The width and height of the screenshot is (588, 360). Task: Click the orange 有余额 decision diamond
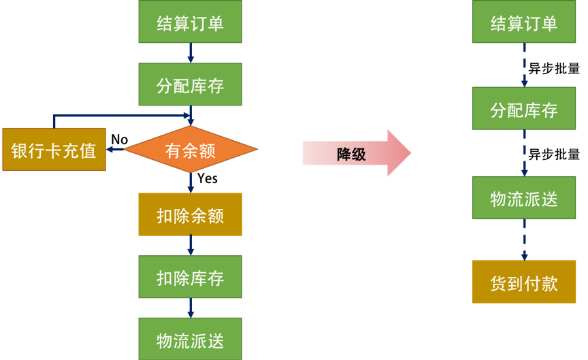191,150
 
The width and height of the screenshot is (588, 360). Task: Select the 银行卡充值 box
54,150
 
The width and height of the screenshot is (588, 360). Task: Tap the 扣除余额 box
190,214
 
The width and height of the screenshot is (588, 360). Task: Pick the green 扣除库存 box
190,277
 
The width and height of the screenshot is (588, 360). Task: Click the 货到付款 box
524,282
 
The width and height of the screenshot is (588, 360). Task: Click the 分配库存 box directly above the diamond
190,84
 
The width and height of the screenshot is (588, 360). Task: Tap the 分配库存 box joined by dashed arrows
524,109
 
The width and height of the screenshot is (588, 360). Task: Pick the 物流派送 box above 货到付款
524,197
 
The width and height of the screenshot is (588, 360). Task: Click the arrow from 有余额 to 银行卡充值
114,149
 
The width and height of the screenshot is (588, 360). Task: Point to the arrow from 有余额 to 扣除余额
191,182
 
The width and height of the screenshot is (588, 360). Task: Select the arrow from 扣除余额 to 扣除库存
191,246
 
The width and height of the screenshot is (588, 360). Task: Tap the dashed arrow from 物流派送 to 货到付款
524,240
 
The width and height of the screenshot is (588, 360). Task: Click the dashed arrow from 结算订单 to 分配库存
524,65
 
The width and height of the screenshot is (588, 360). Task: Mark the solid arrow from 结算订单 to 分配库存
191,53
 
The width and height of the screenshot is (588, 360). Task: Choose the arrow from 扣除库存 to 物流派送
191,308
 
